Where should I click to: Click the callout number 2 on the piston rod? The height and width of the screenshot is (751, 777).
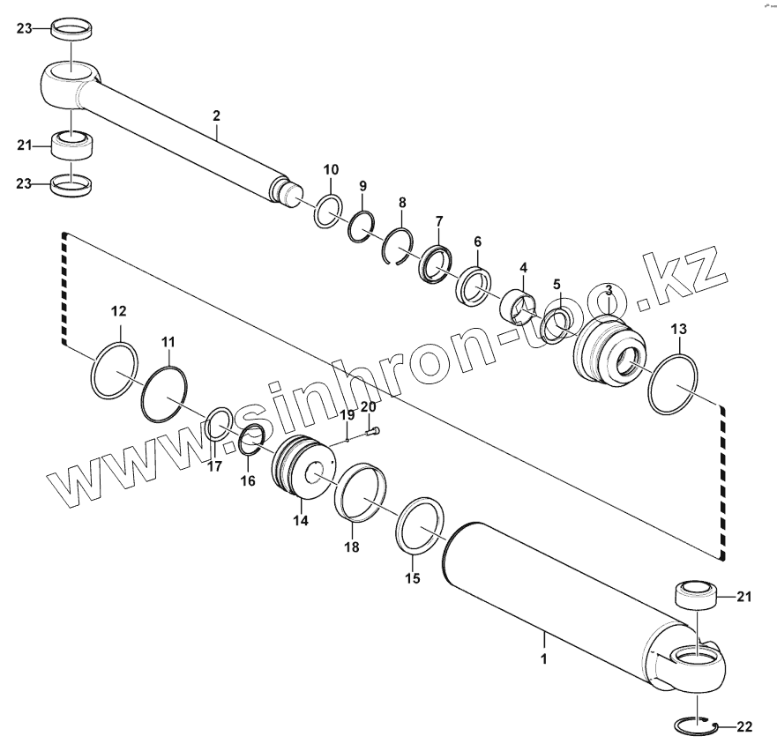(x=216, y=115)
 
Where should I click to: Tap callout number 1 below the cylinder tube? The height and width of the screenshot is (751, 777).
(x=544, y=658)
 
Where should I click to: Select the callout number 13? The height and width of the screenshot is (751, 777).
(x=678, y=329)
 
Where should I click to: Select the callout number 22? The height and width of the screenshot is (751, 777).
(x=744, y=727)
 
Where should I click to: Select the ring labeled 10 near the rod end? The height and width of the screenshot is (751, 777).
(x=328, y=212)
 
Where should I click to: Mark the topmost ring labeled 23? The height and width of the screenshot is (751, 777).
(x=71, y=29)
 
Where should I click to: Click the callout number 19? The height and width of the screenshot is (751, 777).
(x=347, y=414)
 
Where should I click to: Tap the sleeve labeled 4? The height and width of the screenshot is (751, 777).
(x=520, y=305)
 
